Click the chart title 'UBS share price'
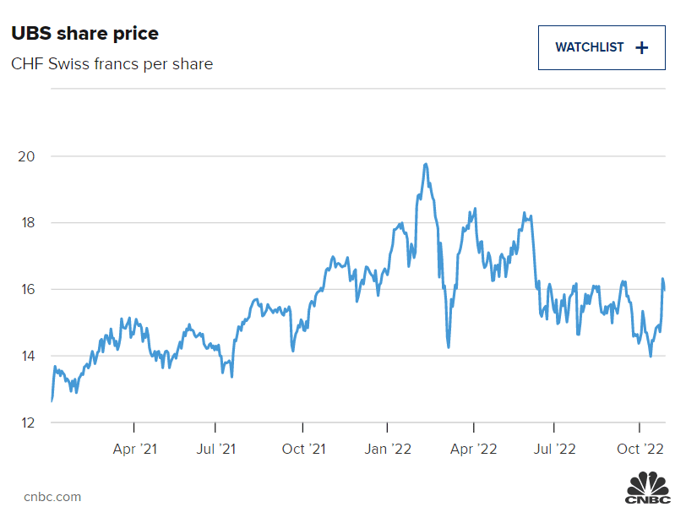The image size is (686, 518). click(x=84, y=34)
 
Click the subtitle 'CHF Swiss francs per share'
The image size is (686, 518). click(x=112, y=64)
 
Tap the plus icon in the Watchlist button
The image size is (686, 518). click(x=642, y=47)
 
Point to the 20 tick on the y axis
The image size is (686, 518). click(x=26, y=156)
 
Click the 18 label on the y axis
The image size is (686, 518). click(x=26, y=223)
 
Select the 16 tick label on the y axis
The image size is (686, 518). click(x=26, y=290)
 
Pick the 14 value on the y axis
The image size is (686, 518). click(x=26, y=356)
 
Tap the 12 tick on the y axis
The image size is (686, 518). click(x=26, y=423)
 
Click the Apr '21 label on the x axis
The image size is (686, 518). click(x=135, y=449)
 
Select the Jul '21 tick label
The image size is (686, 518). click(x=216, y=449)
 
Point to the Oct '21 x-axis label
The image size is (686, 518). click(x=303, y=449)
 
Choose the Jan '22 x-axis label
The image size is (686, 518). click(x=388, y=449)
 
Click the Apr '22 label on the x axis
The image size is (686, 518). click(x=474, y=449)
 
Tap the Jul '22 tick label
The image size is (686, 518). click(x=555, y=449)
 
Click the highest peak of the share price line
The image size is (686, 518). click(x=426, y=164)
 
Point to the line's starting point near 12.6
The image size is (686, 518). click(x=52, y=401)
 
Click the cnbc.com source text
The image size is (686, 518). click(x=52, y=497)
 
